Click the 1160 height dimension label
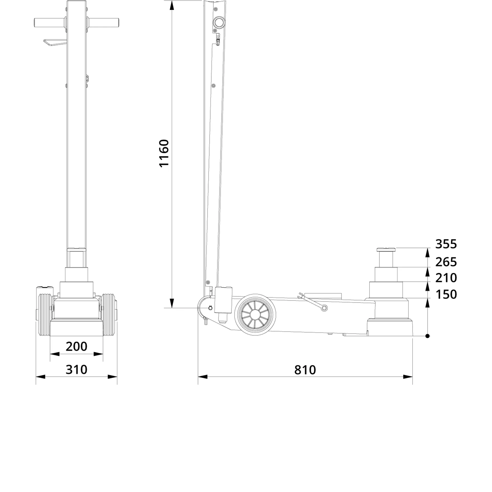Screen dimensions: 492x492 (164, 153)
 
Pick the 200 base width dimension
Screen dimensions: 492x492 (76, 346)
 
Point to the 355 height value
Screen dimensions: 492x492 (446, 244)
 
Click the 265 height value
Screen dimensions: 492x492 (446, 262)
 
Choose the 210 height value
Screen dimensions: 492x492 (446, 278)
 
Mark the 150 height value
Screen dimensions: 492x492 (446, 294)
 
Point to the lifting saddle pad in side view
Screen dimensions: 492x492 (386, 249)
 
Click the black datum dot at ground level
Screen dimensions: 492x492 (427, 336)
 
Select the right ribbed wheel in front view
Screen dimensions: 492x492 (109, 316)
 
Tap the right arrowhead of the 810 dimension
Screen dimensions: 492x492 (408, 377)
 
